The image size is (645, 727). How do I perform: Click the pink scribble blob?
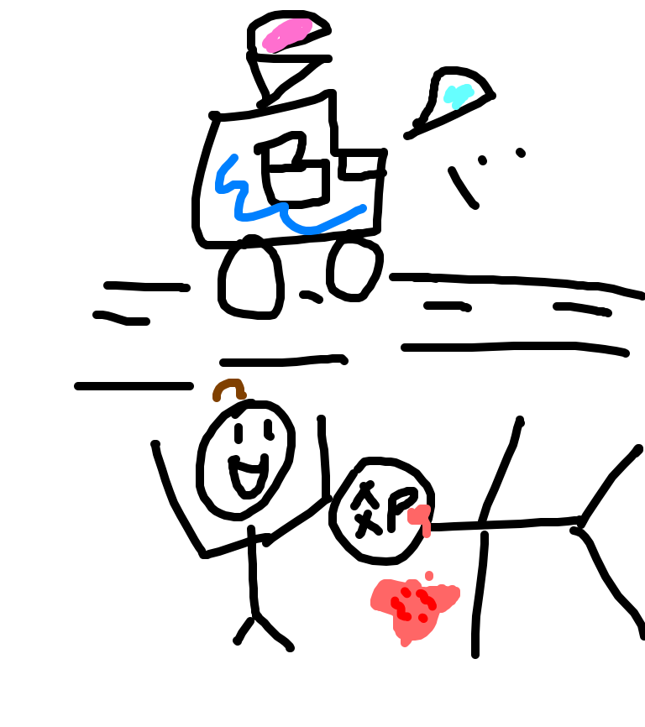coord(288,34)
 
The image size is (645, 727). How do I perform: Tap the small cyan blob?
coord(458,95)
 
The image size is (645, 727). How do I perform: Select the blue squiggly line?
coord(260,212)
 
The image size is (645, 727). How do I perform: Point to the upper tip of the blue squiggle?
coord(234,157)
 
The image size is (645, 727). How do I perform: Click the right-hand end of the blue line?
coord(362,207)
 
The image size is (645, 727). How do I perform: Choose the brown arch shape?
coord(228,384)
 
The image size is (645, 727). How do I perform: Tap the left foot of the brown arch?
coord(217,397)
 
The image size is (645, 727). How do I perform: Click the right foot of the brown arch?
coord(242,395)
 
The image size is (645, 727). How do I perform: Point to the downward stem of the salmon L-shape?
coord(427,530)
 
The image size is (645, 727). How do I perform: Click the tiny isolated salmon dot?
coord(429,576)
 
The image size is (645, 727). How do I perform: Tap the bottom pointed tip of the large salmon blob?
coord(406,643)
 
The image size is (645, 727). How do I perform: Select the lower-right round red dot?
coord(423,618)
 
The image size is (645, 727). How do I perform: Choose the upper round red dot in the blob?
coord(406,592)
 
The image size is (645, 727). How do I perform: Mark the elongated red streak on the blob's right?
coord(427,599)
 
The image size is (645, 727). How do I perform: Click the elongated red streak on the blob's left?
coord(399,608)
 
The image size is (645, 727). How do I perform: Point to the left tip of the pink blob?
coord(268,44)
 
